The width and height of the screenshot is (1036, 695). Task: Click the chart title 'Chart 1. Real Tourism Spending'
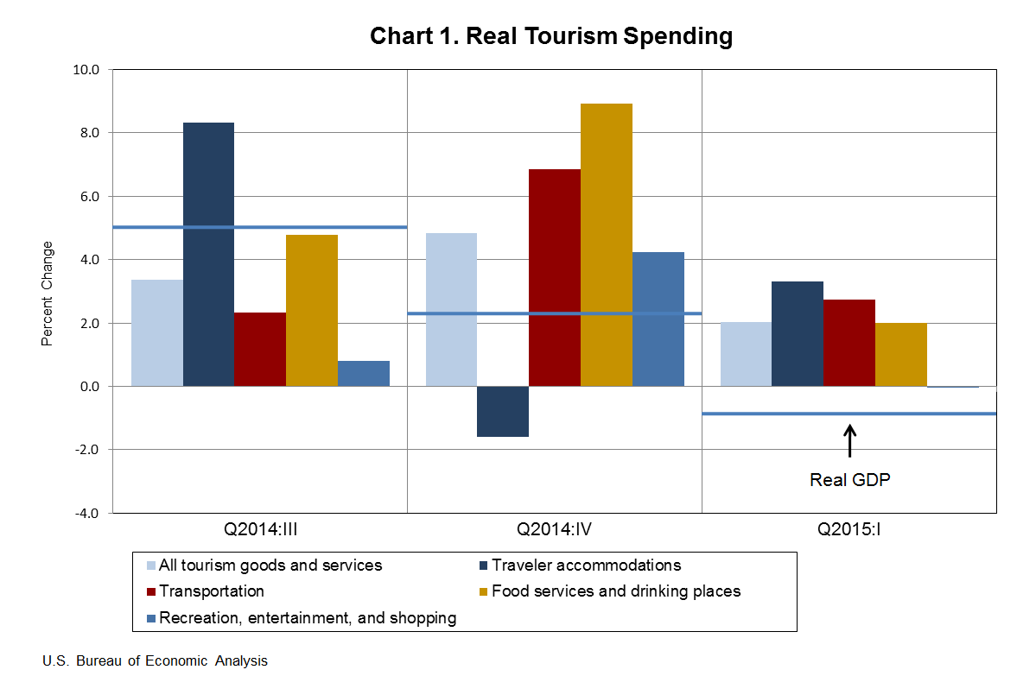point(550,36)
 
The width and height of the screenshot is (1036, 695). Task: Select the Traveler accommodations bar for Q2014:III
point(208,254)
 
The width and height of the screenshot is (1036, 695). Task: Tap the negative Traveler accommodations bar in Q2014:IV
point(502,411)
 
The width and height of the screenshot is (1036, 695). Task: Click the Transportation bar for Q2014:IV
point(554,277)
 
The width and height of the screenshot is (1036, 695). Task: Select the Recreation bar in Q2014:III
point(363,373)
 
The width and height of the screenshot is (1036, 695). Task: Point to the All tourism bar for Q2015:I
point(745,354)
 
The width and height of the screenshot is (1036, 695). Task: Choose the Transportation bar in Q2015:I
point(849,343)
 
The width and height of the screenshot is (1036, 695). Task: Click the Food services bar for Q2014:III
point(311,310)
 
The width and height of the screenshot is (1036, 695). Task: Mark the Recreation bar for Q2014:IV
point(658,319)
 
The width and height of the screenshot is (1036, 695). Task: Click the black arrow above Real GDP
point(849,440)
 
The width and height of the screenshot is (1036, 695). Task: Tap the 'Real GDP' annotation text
point(849,480)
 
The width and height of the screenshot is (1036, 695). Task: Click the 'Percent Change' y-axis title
point(48,294)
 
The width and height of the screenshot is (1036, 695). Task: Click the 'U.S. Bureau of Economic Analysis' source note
point(155,661)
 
